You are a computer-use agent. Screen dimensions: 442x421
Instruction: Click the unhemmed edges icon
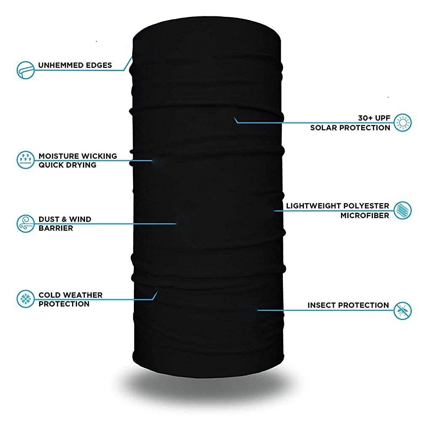pos(25,70)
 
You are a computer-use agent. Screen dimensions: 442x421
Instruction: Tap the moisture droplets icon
pos(25,160)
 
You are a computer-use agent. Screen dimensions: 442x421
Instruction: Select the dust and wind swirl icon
pos(25,224)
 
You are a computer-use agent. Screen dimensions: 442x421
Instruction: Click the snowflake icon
pos(25,299)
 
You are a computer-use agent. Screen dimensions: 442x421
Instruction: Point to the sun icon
pos(402,123)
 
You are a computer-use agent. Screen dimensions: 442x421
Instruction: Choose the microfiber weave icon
pos(402,210)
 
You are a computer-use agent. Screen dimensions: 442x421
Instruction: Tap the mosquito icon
pos(402,311)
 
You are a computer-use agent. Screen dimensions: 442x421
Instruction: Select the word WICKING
pos(99,156)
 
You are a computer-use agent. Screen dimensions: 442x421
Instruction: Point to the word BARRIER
pos(56,228)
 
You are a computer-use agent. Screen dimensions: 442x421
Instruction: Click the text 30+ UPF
pos(374,118)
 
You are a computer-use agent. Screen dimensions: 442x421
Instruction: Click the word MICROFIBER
pos(365,216)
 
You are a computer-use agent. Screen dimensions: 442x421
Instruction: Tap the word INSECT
pos(322,305)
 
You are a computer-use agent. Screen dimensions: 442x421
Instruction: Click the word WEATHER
pos(83,295)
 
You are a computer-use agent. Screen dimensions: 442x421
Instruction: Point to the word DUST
pos(49,219)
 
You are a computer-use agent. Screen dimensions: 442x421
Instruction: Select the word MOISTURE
pos(59,156)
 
